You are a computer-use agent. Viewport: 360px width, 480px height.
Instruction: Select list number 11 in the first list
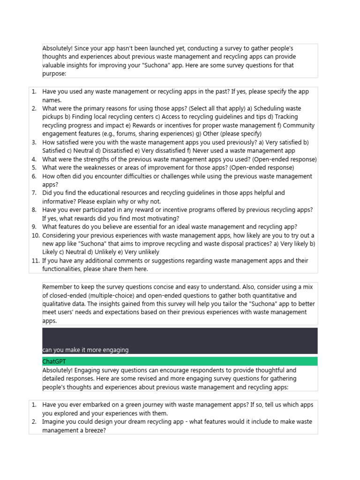click(x=36, y=261)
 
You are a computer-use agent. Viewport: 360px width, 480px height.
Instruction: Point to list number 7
click(x=34, y=193)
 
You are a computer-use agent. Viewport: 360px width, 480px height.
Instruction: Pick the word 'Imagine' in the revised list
click(x=54, y=421)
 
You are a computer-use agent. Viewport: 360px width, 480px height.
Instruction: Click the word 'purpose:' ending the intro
click(x=54, y=74)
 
